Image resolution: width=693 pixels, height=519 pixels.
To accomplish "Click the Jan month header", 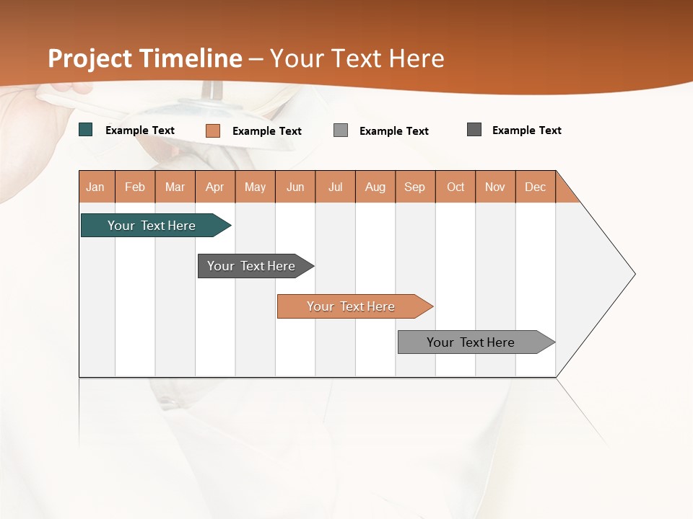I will tap(96, 187).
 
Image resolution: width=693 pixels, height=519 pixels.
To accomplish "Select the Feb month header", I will tap(135, 187).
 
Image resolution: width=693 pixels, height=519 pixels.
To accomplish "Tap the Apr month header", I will tap(215, 187).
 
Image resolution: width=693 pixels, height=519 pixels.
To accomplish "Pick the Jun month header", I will tap(295, 187).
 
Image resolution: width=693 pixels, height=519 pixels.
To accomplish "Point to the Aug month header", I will tap(375, 187).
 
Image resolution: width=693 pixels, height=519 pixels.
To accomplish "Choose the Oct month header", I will tap(456, 187).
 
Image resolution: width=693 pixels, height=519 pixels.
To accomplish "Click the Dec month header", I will tap(536, 187).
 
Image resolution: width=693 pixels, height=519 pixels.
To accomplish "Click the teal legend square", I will tap(86, 130).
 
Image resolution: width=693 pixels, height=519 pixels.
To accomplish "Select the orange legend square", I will tap(213, 130).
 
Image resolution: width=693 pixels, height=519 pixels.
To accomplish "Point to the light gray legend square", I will tap(341, 130).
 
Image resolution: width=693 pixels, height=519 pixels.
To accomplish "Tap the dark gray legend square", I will tap(474, 130).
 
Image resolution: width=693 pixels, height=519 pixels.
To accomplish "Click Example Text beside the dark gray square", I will tap(526, 130).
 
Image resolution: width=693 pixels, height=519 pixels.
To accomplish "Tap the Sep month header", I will tap(415, 187).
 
